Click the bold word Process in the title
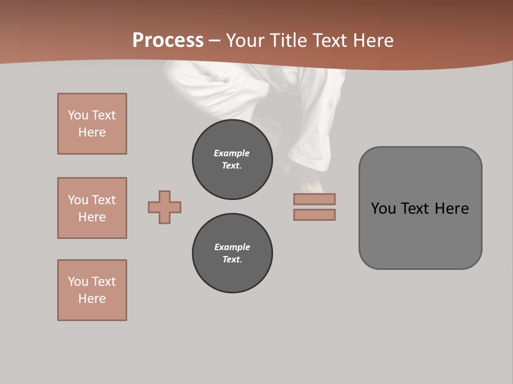pos(168,40)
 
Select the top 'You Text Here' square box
pos(92,124)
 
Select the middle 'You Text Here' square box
pos(92,208)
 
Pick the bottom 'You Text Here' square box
pos(92,290)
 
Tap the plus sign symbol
pos(165,207)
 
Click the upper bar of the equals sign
pos(314,199)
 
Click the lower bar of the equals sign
pos(314,214)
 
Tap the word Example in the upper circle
pos(231,153)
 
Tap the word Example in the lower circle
pos(232,247)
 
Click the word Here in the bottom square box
pos(92,299)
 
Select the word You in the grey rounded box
pos(383,209)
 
